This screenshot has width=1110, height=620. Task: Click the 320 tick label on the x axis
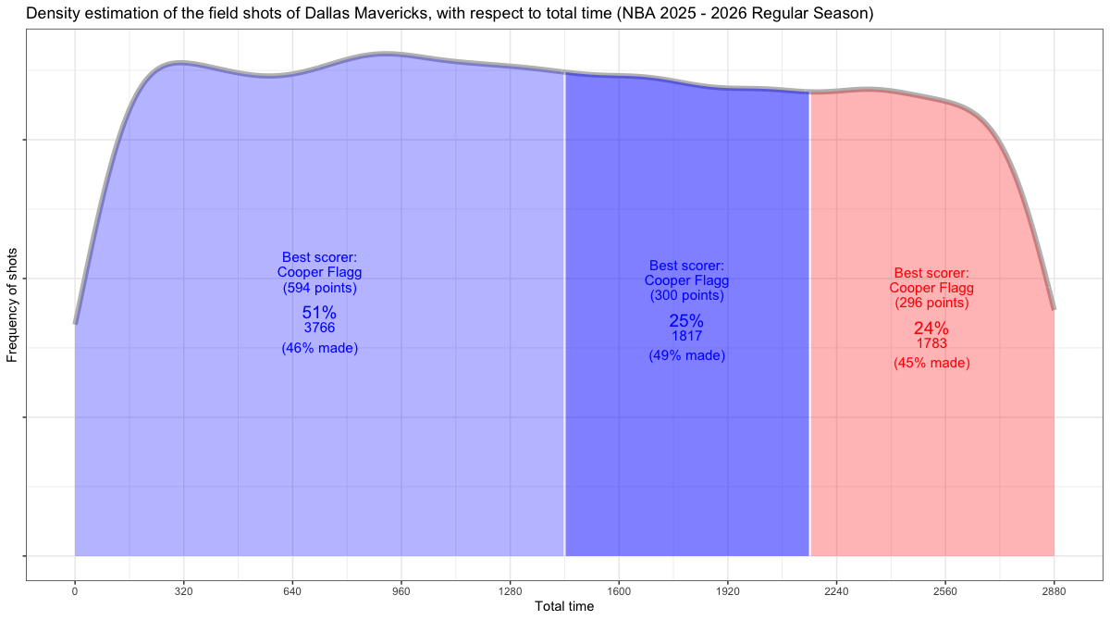[183, 589]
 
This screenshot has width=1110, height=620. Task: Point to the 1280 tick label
[510, 589]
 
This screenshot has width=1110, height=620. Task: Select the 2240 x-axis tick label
[836, 589]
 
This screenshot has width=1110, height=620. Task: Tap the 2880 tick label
[1054, 589]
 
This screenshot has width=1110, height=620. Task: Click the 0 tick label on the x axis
[75, 589]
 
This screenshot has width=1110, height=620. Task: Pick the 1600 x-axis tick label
[619, 589]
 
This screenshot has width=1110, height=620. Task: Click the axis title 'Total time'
[564, 607]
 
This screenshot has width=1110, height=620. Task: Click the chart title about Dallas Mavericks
[450, 14]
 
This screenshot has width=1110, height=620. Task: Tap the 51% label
[319, 313]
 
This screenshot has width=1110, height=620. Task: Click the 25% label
[686, 321]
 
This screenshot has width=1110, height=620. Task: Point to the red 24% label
[931, 329]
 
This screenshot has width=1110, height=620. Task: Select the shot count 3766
[319, 328]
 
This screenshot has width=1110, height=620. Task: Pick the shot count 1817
[686, 336]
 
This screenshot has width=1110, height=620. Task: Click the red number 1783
[931, 343]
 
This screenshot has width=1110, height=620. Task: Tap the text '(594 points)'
[319, 288]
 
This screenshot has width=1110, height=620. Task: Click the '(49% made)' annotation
[686, 355]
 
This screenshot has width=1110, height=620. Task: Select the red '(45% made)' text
[931, 363]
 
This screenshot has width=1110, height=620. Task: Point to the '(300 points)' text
[686, 295]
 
